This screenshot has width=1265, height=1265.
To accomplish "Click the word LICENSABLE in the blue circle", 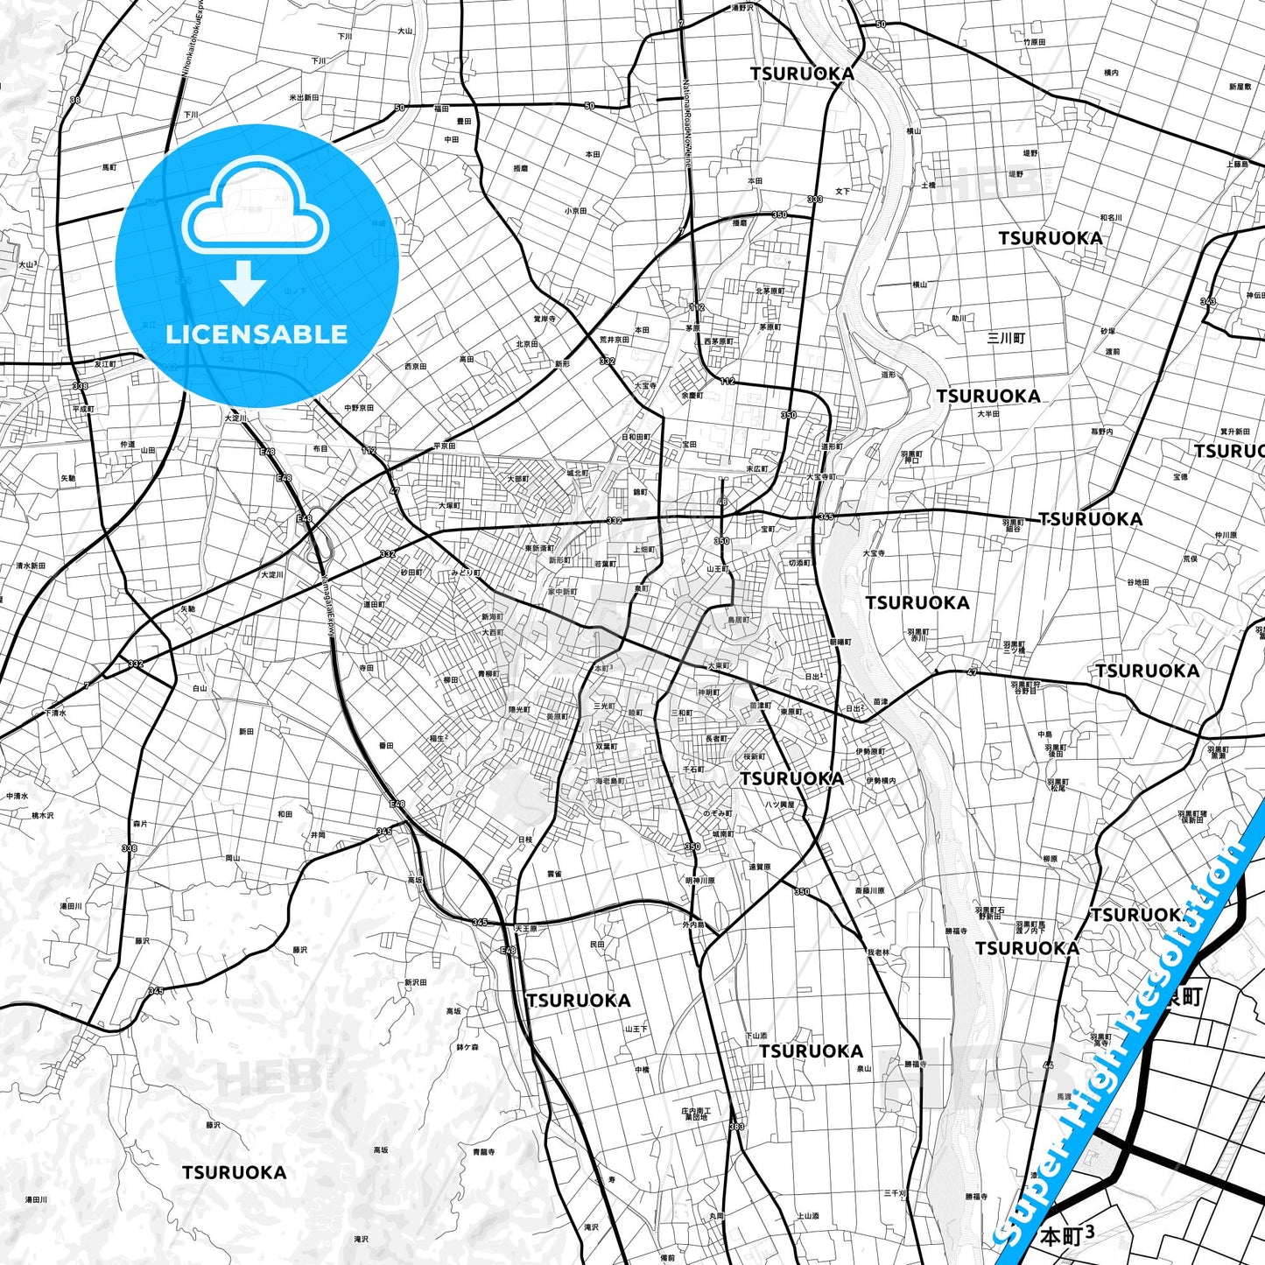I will coord(257,334).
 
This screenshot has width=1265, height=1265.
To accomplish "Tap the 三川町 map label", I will coord(1005,338).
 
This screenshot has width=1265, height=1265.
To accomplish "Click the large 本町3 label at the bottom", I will coord(1066,1236).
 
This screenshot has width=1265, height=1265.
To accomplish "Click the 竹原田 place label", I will coord(1035,42).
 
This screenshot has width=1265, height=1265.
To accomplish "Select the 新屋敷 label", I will coord(1240,87).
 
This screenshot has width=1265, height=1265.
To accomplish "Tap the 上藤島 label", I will coord(1237,164).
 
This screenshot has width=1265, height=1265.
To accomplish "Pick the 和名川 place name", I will coord(1111,217).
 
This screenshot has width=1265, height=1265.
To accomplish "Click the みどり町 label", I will coord(466,573).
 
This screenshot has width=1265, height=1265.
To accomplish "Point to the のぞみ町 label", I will coord(718,813).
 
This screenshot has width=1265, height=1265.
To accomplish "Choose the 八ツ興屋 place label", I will coord(779,804).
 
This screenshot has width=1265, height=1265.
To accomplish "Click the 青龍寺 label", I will coord(483,1152).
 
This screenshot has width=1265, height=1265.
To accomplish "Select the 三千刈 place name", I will coord(895,1193).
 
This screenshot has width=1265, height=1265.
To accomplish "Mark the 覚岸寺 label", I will coord(545,320).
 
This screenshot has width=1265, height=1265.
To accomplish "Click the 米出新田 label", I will coord(304,98).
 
